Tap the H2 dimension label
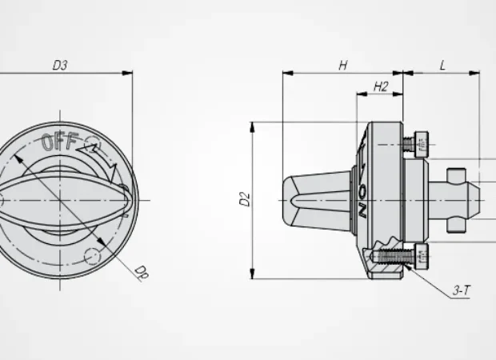[381, 87]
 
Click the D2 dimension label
[245, 200]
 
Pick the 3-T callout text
[462, 292]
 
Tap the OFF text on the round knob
[60, 142]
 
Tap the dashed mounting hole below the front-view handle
[93, 256]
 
